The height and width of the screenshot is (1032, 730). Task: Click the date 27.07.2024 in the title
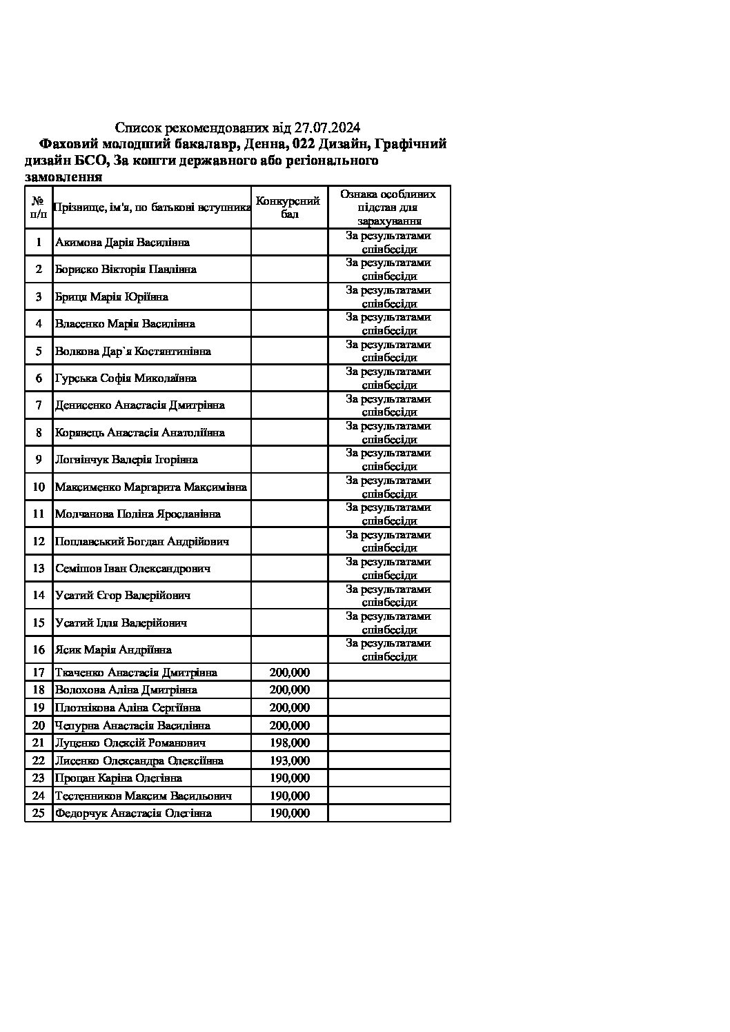pos(327,128)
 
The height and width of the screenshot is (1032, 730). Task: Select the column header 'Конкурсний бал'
pos(288,208)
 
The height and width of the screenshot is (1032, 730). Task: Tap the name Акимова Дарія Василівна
pos(122,243)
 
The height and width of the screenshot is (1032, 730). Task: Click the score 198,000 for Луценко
pos(290,743)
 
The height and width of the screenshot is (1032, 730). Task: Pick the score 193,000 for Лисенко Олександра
pos(290,761)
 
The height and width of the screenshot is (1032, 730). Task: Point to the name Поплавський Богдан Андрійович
pos(142,542)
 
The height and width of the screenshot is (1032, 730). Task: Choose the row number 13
pos(39,569)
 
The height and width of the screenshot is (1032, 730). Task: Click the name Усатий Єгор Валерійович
pos(123,596)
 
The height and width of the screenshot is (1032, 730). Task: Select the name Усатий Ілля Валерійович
pos(121,623)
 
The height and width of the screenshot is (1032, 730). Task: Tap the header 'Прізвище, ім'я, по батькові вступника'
pos(152,207)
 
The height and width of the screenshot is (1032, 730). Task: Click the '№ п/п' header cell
pos(39,207)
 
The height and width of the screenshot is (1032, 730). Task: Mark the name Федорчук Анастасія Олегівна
pos(133,813)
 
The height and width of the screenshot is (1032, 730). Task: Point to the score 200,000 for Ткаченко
pos(290,673)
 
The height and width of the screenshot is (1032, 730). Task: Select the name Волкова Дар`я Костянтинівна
pos(133,352)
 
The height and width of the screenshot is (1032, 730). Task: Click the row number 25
pos(39,813)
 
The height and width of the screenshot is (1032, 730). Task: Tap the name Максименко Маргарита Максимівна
pos(150,487)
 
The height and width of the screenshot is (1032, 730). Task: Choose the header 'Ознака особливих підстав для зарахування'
pos(388,208)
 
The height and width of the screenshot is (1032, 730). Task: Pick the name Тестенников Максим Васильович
pos(143,796)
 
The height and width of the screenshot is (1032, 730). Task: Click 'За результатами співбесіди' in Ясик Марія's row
pos(388,650)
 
